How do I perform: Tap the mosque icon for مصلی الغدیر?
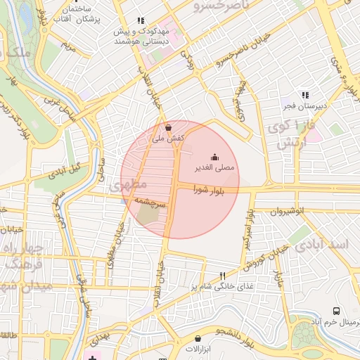point(214,157)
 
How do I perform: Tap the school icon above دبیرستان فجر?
point(304,94)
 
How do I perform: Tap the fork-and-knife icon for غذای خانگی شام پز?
point(224,276)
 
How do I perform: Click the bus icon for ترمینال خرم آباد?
point(336,311)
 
